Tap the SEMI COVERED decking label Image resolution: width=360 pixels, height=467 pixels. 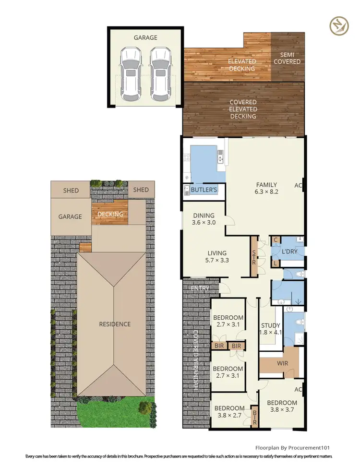tap(288, 58)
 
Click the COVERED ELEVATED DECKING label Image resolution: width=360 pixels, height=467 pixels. tap(243, 109)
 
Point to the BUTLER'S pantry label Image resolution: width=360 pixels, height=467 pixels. tap(204, 190)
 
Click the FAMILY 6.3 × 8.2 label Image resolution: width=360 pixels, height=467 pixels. tap(267, 188)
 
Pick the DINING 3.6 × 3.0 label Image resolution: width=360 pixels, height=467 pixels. tap(204, 219)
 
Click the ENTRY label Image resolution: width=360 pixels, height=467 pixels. tap(199, 288)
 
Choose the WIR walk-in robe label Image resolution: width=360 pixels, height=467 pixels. tap(283, 363)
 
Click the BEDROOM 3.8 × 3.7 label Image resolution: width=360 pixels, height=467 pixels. tap(282, 407)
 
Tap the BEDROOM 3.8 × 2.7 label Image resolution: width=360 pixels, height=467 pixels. tap(228, 407)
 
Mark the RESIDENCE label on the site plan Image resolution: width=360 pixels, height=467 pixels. tap(115, 324)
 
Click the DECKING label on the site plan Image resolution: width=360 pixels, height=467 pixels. tap(110, 214)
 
